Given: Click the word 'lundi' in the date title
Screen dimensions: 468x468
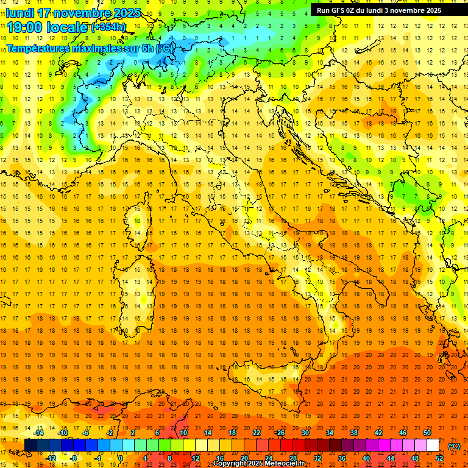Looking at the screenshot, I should (20, 13).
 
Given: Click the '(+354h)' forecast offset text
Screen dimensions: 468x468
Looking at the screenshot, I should (108, 27).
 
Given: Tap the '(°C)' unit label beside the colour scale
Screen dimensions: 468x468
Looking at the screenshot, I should (454, 446).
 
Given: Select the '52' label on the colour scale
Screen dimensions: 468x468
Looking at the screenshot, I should (439, 458).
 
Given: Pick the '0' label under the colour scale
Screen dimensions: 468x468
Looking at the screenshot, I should (121, 458).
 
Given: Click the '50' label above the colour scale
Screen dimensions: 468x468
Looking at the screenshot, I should (427, 433).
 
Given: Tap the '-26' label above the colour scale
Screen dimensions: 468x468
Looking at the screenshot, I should (280, 433).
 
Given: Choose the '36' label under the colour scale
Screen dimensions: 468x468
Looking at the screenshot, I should (341, 458).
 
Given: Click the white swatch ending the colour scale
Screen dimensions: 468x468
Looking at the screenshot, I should (433, 445).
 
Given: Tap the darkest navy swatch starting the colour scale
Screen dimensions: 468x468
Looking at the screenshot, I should (30, 445).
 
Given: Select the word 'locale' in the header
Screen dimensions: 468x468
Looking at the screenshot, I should (67, 27).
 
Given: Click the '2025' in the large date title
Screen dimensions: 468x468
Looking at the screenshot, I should (126, 13).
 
